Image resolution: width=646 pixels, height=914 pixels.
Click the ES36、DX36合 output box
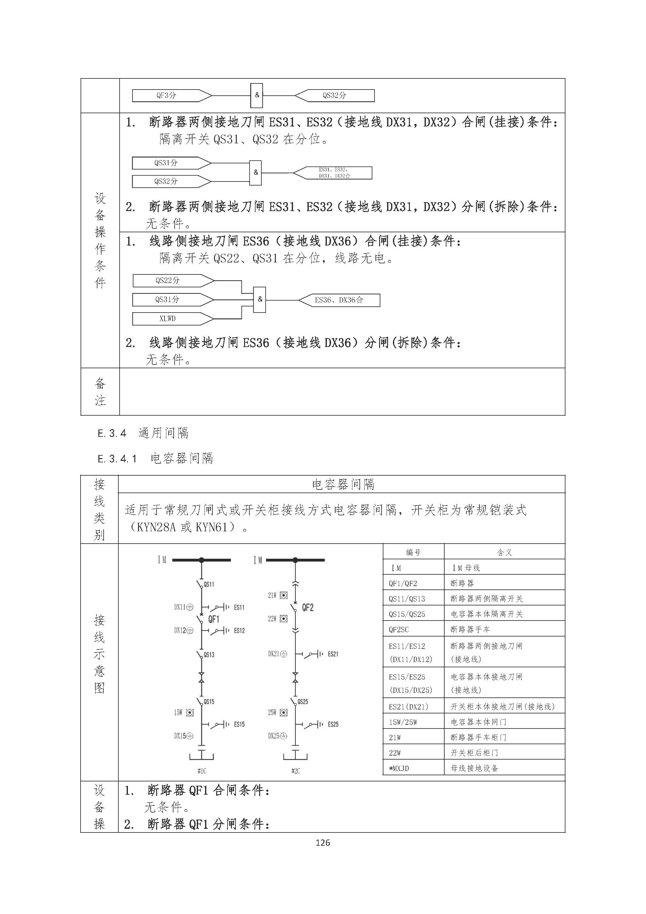click(339, 300)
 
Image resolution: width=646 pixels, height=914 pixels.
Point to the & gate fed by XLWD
click(260, 299)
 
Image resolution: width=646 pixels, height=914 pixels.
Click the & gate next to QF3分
click(256, 96)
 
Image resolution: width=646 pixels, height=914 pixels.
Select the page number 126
click(323, 842)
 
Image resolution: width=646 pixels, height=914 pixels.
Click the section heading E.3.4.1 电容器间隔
click(156, 459)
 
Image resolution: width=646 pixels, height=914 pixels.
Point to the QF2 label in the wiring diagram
click(307, 608)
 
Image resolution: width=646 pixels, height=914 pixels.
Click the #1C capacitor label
click(202, 771)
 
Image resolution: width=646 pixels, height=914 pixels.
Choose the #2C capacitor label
click(295, 771)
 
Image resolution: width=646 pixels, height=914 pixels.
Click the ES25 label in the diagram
click(333, 724)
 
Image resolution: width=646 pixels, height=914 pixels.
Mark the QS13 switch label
click(209, 655)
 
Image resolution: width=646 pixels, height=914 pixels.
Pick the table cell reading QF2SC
click(399, 629)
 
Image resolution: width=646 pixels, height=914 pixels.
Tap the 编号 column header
click(413, 552)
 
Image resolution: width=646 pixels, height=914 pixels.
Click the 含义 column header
click(504, 552)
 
